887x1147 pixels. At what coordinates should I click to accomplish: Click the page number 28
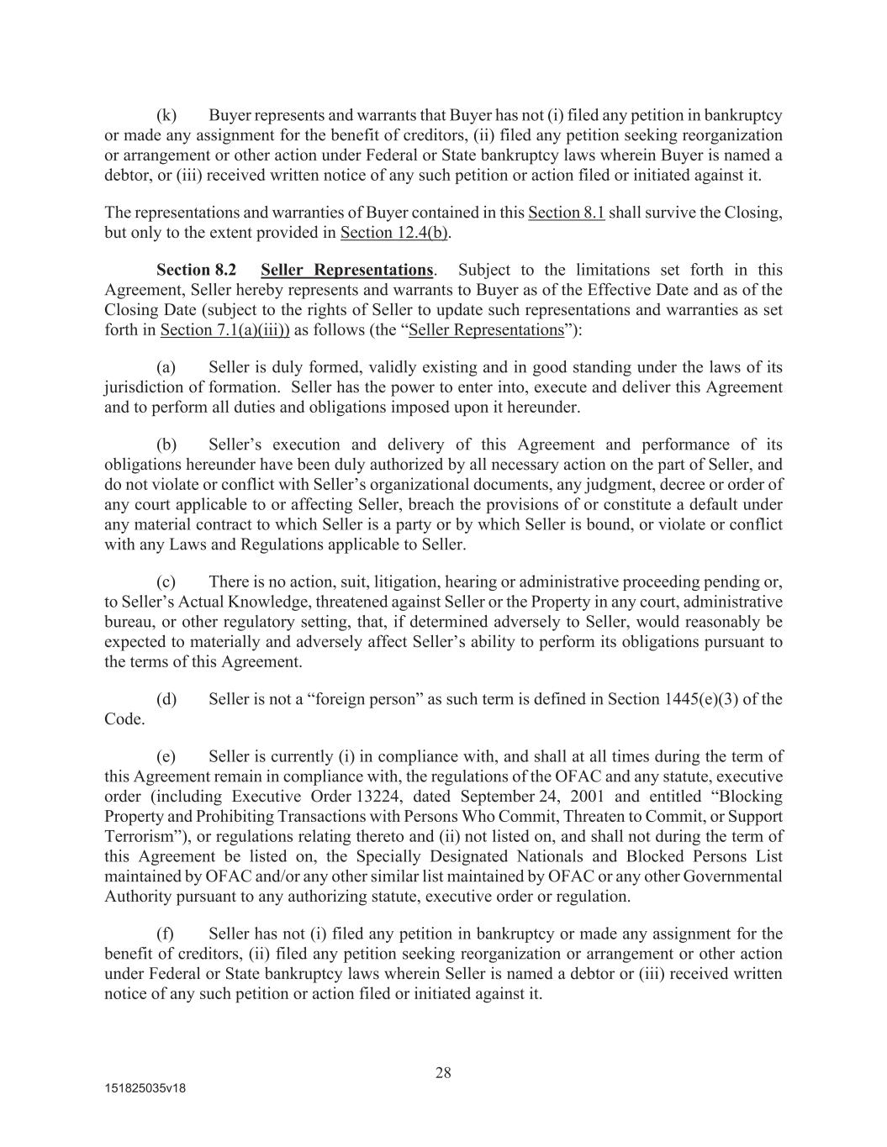pos(443,1072)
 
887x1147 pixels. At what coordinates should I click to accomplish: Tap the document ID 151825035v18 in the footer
pos(145,1088)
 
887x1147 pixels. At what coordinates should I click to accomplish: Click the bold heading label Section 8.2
pos(196,270)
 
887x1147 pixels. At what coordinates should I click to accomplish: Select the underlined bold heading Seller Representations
pos(346,270)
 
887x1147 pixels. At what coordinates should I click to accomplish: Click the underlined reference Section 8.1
pos(566,213)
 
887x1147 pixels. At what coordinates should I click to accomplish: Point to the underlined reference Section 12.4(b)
pos(393,233)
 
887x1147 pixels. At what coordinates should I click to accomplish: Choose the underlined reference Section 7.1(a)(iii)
pos(224,330)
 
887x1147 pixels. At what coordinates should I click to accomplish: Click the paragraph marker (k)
pos(166,115)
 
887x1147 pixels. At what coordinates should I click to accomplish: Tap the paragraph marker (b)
pos(166,445)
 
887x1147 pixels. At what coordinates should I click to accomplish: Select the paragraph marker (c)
pos(166,581)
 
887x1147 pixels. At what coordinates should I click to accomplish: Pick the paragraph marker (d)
pos(166,699)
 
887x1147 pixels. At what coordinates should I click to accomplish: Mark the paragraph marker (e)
pos(166,756)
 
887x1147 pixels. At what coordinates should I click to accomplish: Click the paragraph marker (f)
pos(166,934)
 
